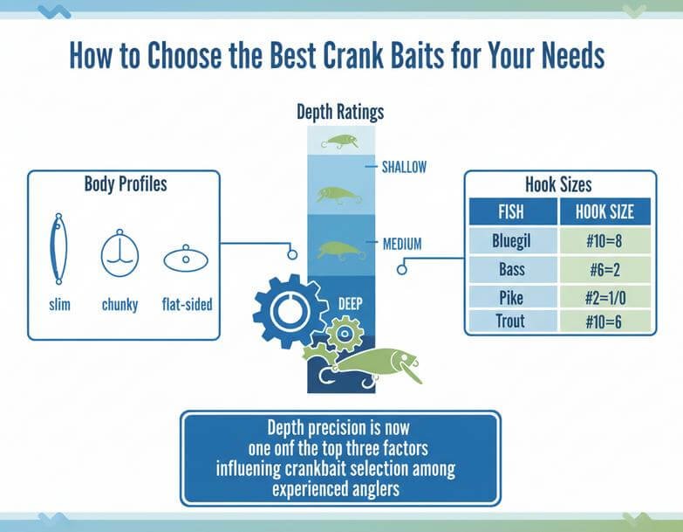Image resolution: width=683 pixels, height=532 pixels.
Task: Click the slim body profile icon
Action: click(x=59, y=249)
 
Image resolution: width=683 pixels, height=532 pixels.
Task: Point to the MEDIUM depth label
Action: click(x=402, y=243)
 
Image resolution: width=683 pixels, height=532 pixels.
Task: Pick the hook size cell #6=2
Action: click(x=604, y=267)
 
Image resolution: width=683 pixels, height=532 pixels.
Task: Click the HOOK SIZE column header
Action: click(x=604, y=211)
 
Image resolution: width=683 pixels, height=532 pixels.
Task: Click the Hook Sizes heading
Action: click(x=558, y=184)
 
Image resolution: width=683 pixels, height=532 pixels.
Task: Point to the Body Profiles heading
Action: click(x=126, y=184)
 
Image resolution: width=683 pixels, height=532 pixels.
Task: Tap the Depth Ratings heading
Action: click(x=340, y=112)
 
